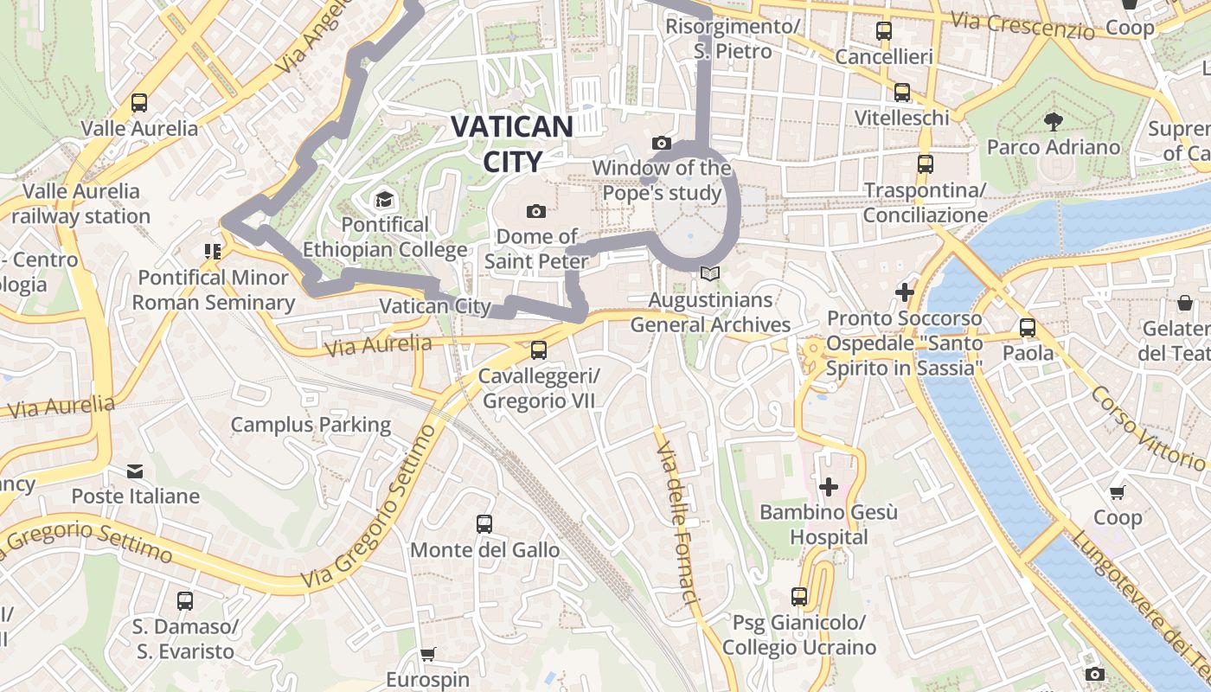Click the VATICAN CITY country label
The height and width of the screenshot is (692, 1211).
[511, 144]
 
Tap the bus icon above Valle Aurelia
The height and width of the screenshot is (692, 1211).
[139, 103]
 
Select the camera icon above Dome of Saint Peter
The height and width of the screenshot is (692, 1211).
[536, 211]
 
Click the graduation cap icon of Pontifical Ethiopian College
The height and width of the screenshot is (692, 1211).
[384, 201]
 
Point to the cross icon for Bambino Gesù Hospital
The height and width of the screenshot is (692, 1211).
[829, 487]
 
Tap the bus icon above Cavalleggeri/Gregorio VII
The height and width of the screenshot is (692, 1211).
[539, 350]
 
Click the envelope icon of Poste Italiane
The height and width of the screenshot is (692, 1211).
[135, 471]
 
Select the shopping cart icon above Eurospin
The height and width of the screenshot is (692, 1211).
[427, 655]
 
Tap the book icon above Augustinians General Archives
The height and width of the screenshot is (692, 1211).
[710, 274]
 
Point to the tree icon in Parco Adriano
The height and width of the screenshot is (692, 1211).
[1053, 121]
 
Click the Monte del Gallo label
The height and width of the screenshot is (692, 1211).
[484, 550]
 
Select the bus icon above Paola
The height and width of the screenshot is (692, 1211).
[1028, 328]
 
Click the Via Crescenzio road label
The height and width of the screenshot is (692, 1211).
[1022, 25]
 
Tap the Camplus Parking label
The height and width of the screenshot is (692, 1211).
[311, 425]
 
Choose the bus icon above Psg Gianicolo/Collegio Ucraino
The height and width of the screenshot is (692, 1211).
[799, 597]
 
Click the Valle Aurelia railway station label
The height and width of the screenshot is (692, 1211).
[81, 203]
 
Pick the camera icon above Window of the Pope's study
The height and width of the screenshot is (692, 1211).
[662, 143]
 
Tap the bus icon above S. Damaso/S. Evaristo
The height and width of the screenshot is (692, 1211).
[185, 600]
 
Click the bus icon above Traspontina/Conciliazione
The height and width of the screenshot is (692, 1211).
[926, 164]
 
